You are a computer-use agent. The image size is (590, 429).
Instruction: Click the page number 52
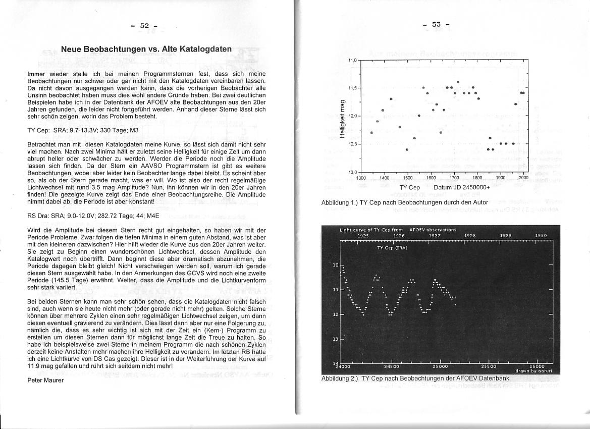[145, 26]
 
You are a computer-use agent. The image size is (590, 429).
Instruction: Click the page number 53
[436, 24]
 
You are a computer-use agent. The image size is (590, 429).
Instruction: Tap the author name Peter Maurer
[45, 380]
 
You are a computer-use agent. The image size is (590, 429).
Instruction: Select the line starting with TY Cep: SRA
[83, 130]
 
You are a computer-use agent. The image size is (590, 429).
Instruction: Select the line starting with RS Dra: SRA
[93, 216]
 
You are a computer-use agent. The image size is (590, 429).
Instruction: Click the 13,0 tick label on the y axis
[352, 173]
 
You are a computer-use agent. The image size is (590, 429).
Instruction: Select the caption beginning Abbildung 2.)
[415, 378]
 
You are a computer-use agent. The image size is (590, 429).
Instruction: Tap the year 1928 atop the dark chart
[470, 235]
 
